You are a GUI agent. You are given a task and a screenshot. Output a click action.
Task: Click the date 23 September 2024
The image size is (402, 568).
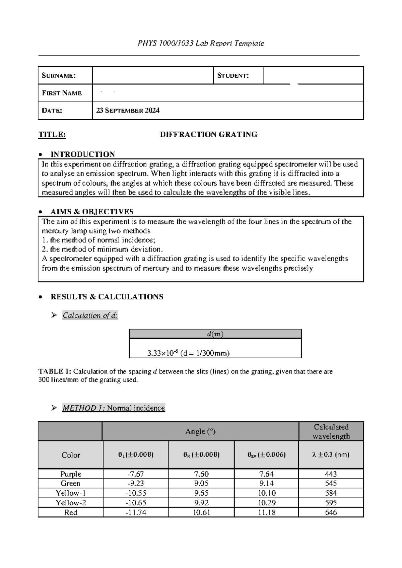pos(128,111)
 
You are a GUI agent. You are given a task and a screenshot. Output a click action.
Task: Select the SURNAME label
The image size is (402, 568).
pos(59,75)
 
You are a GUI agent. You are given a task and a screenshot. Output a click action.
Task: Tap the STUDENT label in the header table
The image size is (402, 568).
pos(233,75)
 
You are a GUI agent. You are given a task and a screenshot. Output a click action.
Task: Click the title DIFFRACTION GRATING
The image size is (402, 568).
pos(208,135)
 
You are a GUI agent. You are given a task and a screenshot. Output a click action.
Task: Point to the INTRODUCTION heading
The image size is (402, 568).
pos(82,154)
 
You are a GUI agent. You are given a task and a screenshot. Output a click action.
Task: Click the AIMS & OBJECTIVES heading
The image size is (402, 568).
pos(92,212)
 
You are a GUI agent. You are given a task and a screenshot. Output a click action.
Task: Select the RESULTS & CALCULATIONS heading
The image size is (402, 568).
pos(107,297)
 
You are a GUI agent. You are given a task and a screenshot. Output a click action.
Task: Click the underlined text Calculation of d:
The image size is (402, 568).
pos(90,315)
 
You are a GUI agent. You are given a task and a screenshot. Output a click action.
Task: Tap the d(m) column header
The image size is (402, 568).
pos(215,334)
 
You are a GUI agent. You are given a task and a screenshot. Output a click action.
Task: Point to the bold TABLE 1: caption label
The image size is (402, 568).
pos(55,371)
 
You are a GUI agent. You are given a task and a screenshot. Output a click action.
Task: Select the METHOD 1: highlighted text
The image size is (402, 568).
pos(84,408)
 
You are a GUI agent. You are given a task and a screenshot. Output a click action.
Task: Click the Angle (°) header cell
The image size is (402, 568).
pos(200,431)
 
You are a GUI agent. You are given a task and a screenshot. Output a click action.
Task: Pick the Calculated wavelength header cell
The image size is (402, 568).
pos(331,431)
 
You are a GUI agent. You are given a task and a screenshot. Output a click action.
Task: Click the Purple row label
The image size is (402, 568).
pos(71,474)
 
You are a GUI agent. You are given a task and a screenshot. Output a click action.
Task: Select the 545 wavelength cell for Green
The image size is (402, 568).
pos(331,483)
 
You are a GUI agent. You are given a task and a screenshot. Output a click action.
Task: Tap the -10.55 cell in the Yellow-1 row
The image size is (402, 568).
pos(136,493)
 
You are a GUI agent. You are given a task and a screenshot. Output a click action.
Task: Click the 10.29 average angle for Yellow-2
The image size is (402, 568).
pos(266,503)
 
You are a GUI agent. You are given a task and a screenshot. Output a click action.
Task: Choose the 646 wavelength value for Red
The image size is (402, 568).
pos(331,512)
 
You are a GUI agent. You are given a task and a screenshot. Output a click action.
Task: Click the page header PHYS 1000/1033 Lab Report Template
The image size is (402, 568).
pos(201,43)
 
